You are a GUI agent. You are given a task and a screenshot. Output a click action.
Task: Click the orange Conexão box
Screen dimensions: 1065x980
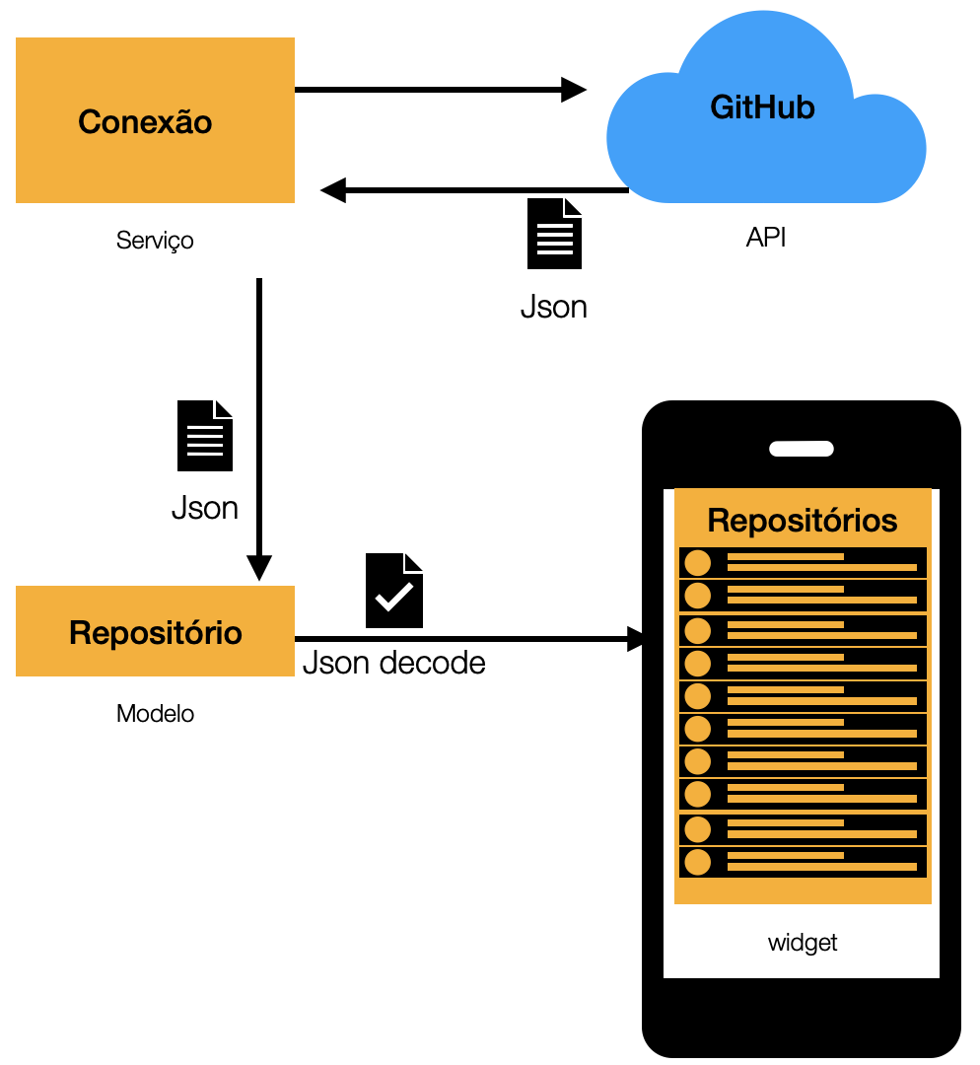(x=155, y=120)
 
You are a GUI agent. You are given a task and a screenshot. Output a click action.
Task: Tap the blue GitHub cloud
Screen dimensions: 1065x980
(x=764, y=123)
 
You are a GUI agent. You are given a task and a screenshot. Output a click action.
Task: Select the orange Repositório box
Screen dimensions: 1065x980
(x=155, y=631)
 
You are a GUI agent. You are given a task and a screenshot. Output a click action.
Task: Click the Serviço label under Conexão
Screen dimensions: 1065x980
(x=155, y=240)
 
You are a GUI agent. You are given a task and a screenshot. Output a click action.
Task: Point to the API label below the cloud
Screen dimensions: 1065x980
(x=766, y=238)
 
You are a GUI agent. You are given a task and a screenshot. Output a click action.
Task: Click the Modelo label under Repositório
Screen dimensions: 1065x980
(x=155, y=713)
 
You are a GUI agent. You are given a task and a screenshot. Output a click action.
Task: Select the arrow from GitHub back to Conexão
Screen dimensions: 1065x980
(x=473, y=189)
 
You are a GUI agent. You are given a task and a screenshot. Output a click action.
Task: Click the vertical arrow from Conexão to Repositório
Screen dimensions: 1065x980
(x=258, y=424)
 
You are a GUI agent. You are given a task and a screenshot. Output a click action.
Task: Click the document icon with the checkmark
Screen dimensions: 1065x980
(x=394, y=591)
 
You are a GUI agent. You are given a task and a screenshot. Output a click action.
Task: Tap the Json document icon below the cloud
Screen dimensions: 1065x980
(x=554, y=234)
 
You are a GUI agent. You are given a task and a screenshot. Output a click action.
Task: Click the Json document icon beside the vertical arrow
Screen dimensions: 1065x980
(x=205, y=436)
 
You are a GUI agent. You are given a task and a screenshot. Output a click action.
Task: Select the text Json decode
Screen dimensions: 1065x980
(x=393, y=662)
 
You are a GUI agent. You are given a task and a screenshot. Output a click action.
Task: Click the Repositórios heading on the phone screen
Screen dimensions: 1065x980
(x=803, y=520)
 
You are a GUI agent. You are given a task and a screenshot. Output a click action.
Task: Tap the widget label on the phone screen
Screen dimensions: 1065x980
(x=803, y=943)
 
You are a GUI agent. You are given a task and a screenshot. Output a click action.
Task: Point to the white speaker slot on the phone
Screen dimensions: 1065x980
(x=802, y=449)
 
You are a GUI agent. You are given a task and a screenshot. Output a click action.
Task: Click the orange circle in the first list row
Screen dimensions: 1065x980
(x=698, y=563)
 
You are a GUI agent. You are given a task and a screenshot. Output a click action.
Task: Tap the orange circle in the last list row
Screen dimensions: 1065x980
(x=698, y=862)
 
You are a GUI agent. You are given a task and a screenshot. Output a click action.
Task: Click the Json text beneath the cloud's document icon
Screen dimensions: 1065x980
(x=554, y=307)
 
